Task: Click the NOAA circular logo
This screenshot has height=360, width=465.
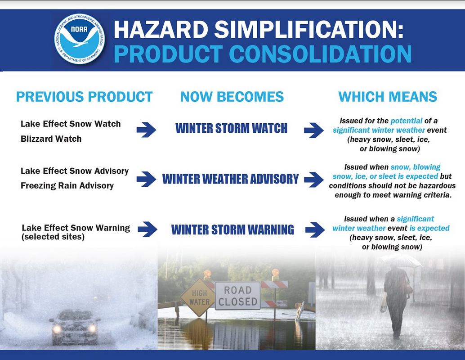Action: [79, 39]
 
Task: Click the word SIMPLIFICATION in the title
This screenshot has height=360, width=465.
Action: [309, 29]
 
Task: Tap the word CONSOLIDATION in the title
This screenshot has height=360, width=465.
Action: [320, 54]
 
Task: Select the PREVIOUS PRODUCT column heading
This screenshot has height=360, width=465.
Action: [84, 97]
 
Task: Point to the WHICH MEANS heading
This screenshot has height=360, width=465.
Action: [388, 97]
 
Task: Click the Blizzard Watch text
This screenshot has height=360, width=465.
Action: [51, 139]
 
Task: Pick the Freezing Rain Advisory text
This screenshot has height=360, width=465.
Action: [67, 185]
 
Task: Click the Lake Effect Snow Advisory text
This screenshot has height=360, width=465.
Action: [75, 171]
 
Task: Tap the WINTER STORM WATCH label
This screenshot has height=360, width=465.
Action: [231, 128]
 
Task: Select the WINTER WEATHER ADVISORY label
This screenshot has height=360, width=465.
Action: [230, 179]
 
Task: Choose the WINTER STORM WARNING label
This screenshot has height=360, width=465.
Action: [232, 229]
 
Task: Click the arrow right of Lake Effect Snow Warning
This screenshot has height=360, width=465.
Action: [148, 229]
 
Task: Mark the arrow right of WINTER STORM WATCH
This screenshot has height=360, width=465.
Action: [314, 130]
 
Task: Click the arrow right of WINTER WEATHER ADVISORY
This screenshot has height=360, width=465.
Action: [314, 180]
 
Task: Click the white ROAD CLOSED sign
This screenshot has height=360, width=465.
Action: [238, 296]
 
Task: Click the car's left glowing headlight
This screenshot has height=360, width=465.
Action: [56, 328]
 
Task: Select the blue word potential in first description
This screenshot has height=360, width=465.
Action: [406, 121]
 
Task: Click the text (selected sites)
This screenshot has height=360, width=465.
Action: [53, 237]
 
